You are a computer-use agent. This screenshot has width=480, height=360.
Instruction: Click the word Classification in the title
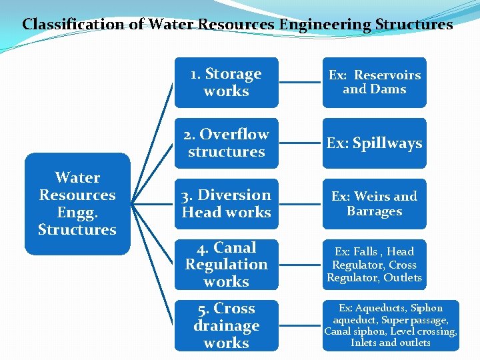64,25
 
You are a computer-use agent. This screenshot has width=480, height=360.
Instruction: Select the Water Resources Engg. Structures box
77,204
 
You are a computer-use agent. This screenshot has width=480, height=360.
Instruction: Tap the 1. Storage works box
226,83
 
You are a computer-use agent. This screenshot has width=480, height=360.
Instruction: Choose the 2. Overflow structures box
226,143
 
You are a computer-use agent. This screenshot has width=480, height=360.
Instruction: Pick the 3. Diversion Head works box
226,204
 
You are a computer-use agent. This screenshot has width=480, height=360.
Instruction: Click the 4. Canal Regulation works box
226,265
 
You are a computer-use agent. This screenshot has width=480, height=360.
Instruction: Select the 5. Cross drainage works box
226,326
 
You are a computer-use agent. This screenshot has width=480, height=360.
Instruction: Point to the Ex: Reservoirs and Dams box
374,83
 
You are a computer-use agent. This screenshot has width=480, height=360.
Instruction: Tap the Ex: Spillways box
374,143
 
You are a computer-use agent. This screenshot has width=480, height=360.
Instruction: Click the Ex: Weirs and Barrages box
374,204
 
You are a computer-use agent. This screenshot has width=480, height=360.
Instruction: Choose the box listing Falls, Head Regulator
374,265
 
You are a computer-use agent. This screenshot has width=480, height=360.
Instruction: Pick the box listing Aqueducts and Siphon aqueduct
391,326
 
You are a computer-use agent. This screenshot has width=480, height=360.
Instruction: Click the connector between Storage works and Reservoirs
300,83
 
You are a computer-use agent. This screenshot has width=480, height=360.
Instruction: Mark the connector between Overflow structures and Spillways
300,143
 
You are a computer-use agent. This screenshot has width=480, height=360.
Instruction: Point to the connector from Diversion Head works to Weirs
300,204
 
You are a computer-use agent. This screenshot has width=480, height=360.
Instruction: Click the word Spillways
387,143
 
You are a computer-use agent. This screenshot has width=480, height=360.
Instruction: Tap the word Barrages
374,211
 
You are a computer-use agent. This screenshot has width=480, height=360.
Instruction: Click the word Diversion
235,195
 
